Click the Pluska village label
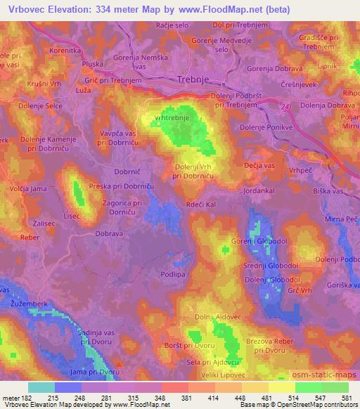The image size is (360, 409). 91,63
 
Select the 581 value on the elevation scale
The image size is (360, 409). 347,397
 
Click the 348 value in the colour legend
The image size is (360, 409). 161,397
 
